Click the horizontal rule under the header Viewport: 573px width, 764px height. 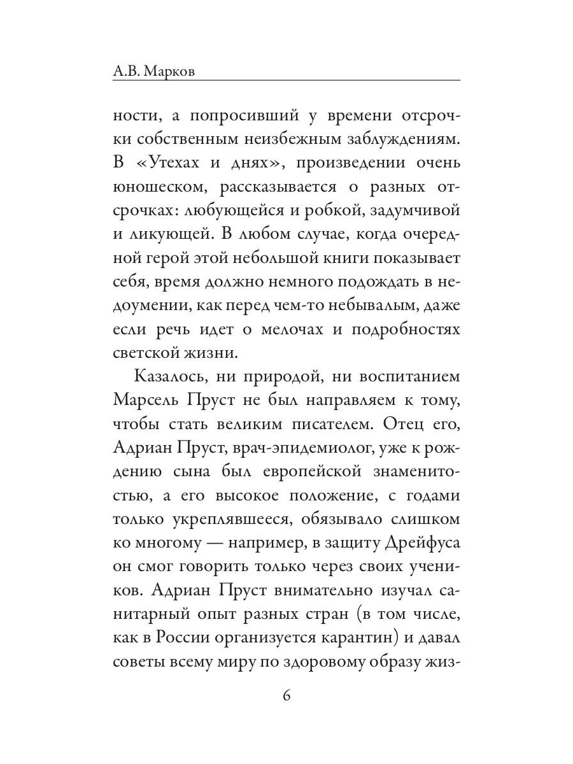286,80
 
